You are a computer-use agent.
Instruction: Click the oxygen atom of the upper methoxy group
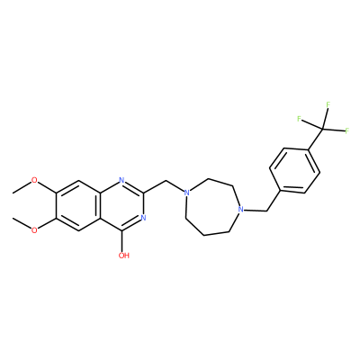tap(35, 180)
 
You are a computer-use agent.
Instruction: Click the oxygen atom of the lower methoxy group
tap(35, 230)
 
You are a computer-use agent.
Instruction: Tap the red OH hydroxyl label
tap(124, 256)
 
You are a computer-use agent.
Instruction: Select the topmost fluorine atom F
tap(328, 104)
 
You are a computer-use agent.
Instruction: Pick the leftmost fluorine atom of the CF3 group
tap(299, 119)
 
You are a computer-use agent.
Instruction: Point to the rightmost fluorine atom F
tap(347, 130)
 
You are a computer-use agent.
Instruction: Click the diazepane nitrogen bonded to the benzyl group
tap(239, 209)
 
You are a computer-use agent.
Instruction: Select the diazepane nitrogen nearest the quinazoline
tap(186, 193)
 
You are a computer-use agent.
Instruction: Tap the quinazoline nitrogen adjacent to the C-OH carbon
tap(143, 218)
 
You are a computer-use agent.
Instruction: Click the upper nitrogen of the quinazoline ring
tap(121, 180)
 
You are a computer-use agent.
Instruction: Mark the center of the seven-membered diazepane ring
tap(211, 207)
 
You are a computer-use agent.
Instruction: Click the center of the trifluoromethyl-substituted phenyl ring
tap(295, 170)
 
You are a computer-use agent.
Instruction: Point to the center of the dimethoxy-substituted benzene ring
tap(78, 205)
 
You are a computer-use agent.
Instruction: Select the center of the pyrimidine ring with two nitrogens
tap(121, 205)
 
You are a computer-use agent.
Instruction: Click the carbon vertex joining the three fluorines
tap(322, 129)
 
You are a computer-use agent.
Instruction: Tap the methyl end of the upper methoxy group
tap(13, 193)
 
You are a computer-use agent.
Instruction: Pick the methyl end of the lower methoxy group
tap(13, 218)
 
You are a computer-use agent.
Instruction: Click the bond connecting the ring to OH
tap(121, 241)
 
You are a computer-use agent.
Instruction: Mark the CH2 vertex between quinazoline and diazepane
tap(165, 181)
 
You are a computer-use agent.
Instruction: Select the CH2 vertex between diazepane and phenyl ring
tap(266, 211)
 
